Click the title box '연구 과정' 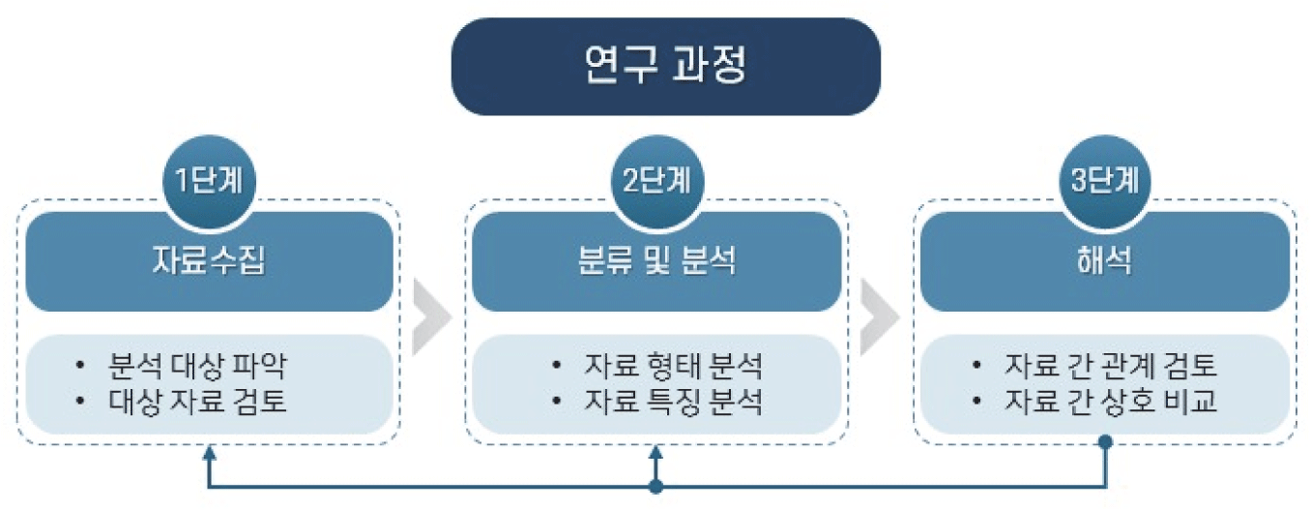(x=665, y=66)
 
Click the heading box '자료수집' (x=209, y=262)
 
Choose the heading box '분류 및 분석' (x=656, y=262)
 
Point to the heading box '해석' (x=1104, y=262)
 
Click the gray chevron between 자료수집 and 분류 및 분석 (x=430, y=316)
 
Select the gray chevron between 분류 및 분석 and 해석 (x=879, y=316)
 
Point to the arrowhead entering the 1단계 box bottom (x=209, y=452)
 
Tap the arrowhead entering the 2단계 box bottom (x=656, y=452)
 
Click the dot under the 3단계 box (x=1105, y=443)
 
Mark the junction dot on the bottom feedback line (x=656, y=487)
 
